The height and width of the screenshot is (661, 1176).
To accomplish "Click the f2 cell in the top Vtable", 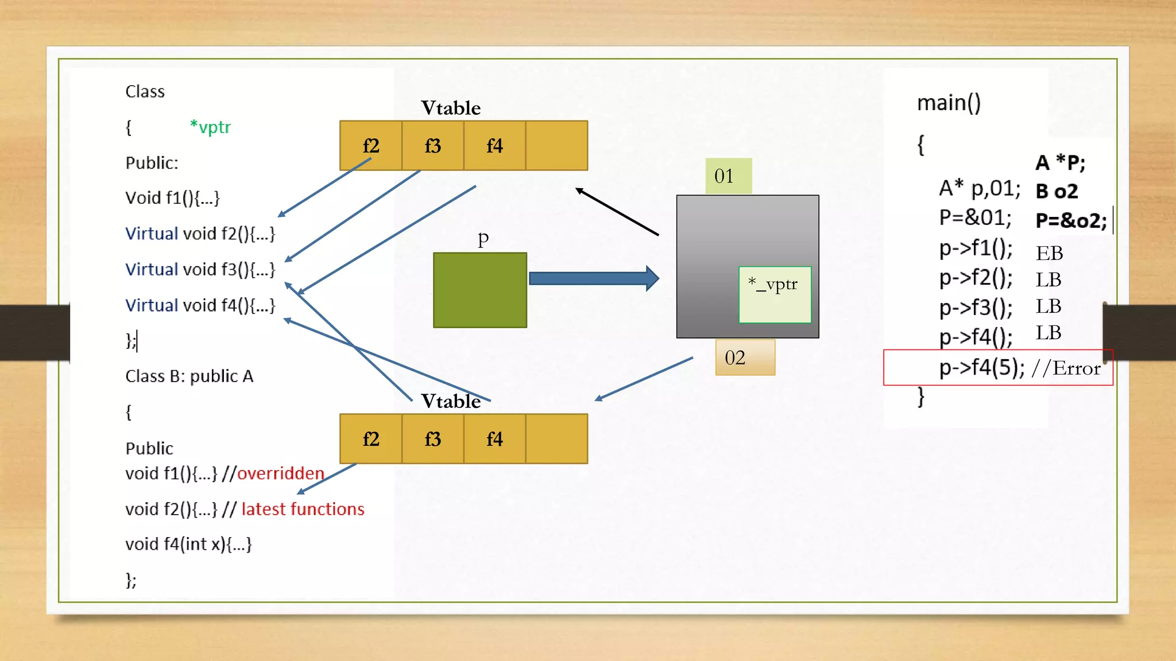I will click(x=371, y=146).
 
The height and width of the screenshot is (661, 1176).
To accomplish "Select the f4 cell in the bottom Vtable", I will click(x=494, y=439).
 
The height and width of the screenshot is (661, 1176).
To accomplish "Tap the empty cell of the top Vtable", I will click(x=556, y=146).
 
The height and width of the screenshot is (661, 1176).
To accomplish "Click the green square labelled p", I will click(x=480, y=290).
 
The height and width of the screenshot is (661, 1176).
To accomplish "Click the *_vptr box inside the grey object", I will click(x=775, y=294).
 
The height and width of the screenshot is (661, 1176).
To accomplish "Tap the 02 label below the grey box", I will click(x=745, y=357).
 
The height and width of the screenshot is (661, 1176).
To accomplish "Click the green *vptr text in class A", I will click(x=210, y=127).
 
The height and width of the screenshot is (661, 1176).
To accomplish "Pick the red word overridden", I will click(x=281, y=473).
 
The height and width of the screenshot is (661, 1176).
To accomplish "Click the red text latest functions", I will click(x=303, y=509).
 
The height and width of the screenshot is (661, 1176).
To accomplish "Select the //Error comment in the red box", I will click(x=1066, y=368).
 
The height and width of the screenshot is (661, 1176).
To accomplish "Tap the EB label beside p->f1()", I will click(x=1049, y=253).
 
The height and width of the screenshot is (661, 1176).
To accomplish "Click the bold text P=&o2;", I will click(x=1070, y=221).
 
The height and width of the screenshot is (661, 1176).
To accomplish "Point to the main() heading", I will click(x=949, y=103).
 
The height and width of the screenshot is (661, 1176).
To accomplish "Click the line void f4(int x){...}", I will click(x=188, y=544).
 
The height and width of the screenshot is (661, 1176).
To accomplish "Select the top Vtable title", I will click(x=451, y=108).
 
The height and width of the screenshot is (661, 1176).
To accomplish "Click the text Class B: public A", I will click(x=189, y=376).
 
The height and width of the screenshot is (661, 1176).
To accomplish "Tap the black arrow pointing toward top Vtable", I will click(x=617, y=212).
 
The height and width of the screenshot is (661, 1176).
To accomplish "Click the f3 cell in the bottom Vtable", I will click(x=432, y=439).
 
